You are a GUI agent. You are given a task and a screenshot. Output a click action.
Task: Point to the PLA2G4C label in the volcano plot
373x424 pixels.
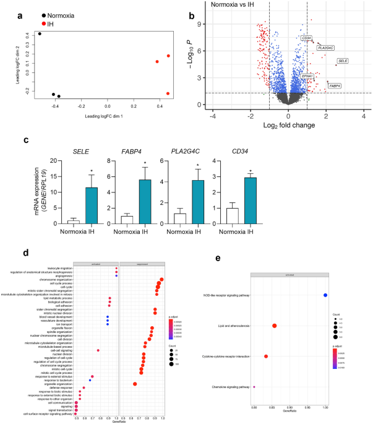[326, 48]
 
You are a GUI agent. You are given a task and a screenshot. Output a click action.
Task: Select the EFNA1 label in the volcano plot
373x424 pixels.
[307, 76]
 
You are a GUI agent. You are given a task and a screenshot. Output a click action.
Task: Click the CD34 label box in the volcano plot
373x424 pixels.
[306, 38]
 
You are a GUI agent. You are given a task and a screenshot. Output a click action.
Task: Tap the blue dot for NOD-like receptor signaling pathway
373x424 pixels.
[325, 295]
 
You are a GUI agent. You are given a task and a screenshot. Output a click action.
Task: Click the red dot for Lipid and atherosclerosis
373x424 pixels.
[274, 326]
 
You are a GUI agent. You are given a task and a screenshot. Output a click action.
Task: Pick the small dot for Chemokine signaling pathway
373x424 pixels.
[254, 387]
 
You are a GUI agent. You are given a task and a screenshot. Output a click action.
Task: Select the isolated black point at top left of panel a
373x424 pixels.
[40, 33]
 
